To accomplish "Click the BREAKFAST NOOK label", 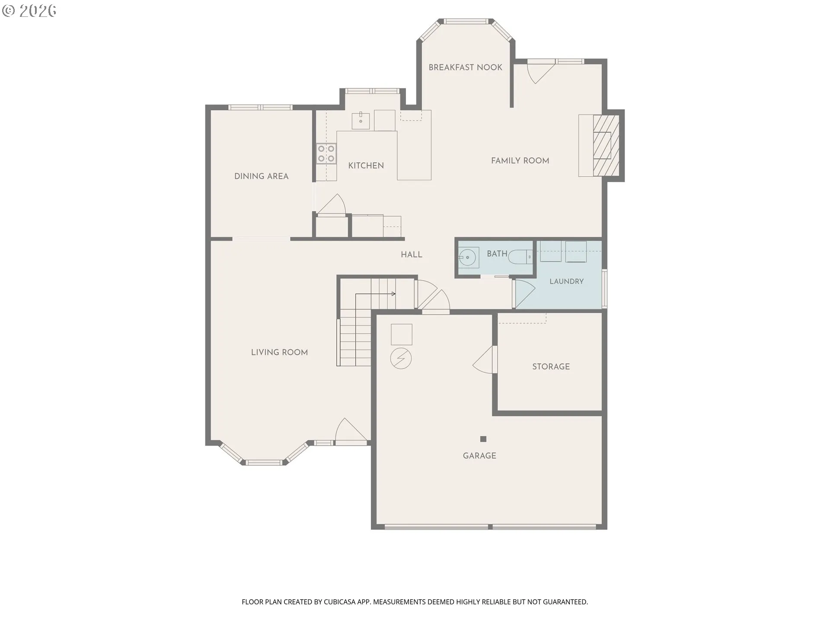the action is [465, 67].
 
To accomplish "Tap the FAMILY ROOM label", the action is [520, 161].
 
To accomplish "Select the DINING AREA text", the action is [261, 176].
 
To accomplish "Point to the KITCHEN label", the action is [366, 166].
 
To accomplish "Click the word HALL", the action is [412, 255].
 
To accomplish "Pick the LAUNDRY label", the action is [567, 281].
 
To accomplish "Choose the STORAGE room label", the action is [551, 366].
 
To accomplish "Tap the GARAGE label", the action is [479, 456].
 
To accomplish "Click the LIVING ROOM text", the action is [279, 352].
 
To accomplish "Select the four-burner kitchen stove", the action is [326, 154].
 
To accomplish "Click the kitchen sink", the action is [361, 120].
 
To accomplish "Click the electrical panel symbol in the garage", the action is [401, 358].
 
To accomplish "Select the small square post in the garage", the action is [483, 439].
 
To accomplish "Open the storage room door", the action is [485, 359].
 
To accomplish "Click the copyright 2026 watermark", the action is [29, 11].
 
